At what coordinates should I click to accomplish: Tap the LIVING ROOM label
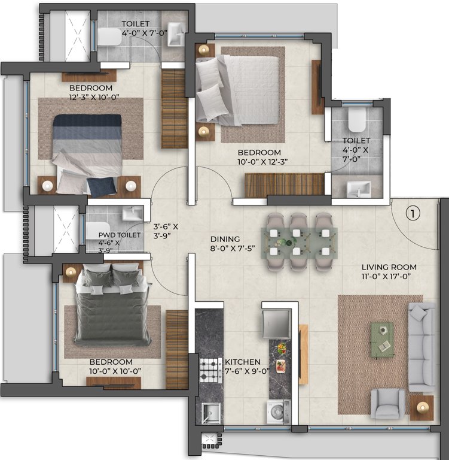pyautogui.click(x=389, y=267)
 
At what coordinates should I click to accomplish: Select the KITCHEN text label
pyautogui.click(x=242, y=362)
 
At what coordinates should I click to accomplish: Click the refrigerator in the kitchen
pyautogui.click(x=276, y=323)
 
